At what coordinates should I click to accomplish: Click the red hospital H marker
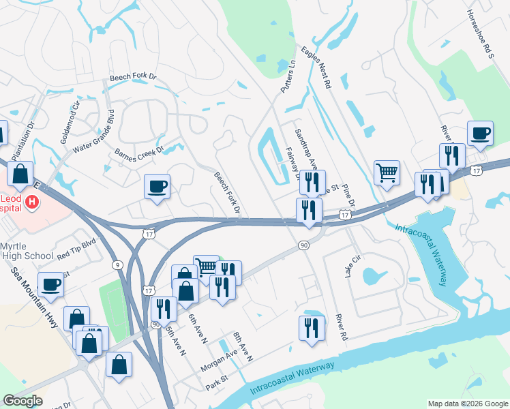(x=31, y=202)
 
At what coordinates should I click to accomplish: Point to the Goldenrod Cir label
(x=70, y=122)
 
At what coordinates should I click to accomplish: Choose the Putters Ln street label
(x=287, y=76)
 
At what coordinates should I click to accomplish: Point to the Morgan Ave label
(x=218, y=359)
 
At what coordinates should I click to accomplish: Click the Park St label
(x=215, y=385)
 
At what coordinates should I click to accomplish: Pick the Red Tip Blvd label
(x=77, y=247)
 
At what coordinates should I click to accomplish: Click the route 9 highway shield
(x=118, y=264)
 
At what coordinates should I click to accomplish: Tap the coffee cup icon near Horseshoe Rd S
(x=480, y=133)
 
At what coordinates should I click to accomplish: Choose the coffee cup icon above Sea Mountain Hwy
(x=50, y=284)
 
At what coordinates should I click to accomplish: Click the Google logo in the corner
(x=23, y=401)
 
